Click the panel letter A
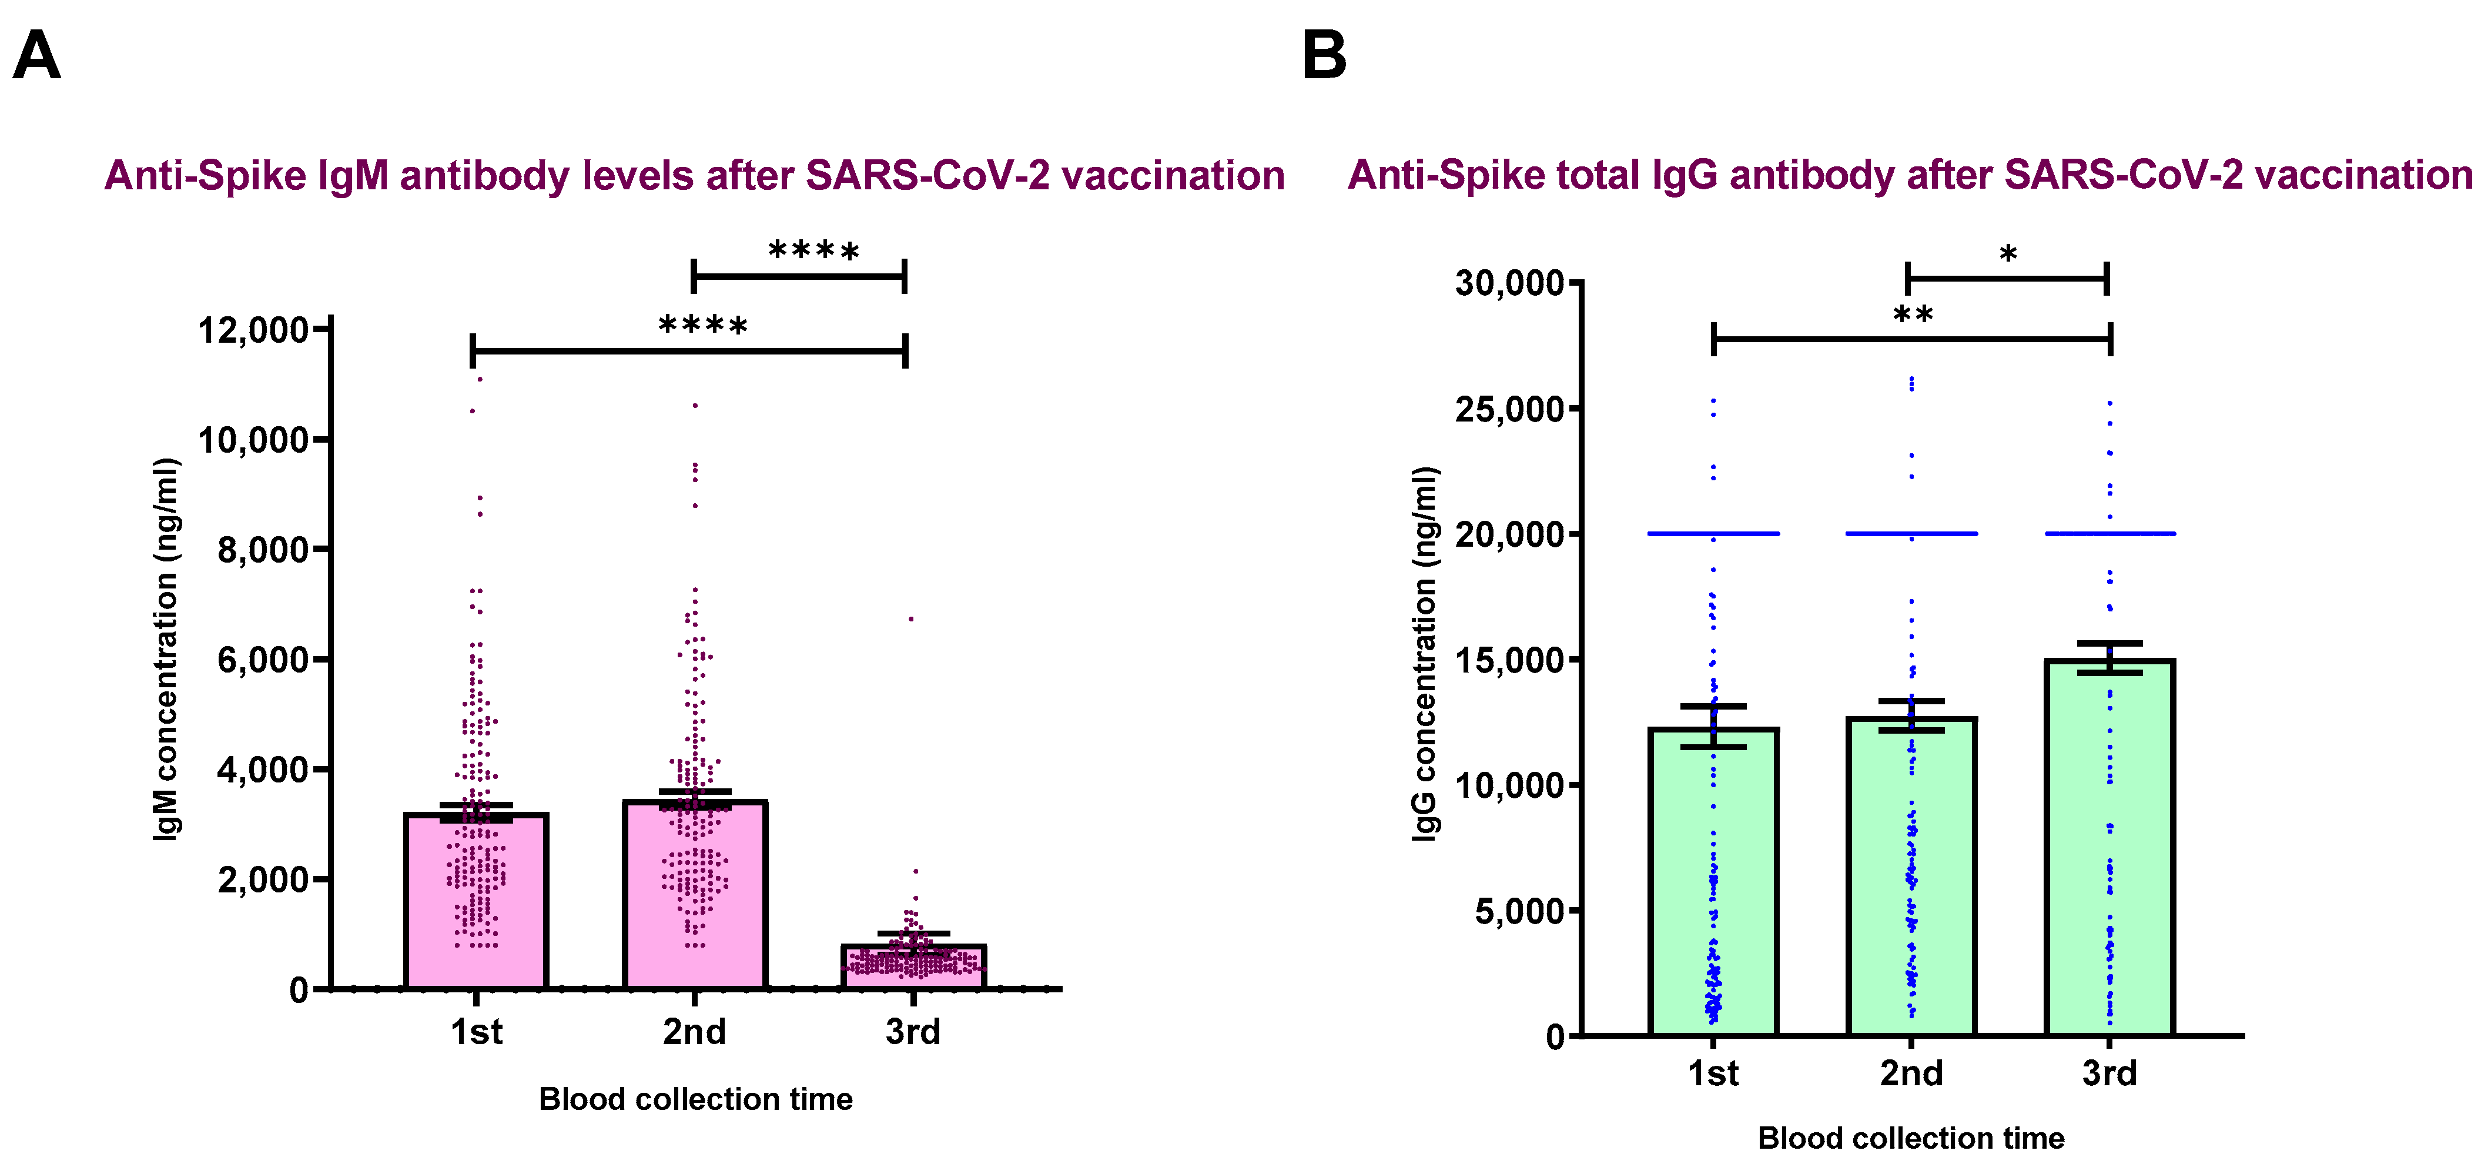point(36,55)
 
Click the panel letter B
point(1324,55)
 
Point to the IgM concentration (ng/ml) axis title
point(166,649)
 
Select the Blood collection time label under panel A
point(695,1099)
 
